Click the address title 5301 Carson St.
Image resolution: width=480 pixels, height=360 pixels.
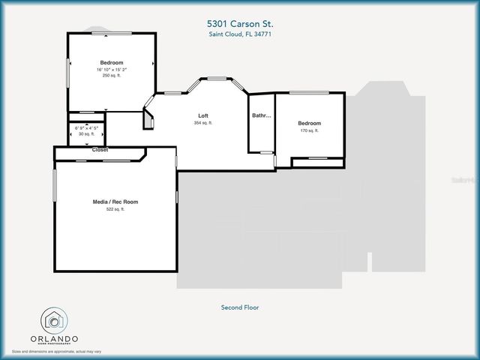(241, 23)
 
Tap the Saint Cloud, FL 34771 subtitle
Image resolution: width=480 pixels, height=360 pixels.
(241, 34)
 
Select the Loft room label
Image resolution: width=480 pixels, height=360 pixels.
(202, 115)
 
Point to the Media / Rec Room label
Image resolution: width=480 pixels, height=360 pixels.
(115, 202)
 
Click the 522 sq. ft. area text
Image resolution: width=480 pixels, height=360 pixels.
(115, 209)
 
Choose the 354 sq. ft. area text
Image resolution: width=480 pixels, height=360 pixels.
(202, 122)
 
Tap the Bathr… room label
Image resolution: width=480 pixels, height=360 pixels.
(262, 115)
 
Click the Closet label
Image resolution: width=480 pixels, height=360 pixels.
(100, 150)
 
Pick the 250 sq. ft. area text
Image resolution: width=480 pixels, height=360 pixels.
(112, 76)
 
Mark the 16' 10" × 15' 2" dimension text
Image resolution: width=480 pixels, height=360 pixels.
(112, 70)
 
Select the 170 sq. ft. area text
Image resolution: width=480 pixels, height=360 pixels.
(309, 130)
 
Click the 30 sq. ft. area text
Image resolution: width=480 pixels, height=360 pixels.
(87, 133)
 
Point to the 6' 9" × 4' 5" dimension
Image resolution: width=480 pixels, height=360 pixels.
(87, 127)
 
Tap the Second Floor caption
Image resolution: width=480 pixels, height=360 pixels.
(240, 307)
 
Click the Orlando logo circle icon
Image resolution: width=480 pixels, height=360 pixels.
(54, 320)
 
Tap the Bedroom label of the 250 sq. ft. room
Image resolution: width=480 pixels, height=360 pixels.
(112, 62)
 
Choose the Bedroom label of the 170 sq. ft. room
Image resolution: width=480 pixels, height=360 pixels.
(309, 123)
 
